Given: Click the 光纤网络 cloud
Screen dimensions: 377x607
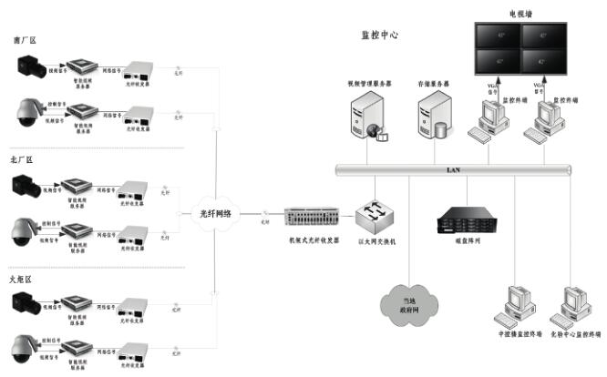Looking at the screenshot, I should (217, 214).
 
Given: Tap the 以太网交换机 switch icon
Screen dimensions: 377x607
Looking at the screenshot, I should (375, 216).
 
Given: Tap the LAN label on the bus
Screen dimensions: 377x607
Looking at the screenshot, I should (453, 169).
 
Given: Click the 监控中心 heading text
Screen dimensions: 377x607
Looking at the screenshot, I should (379, 35).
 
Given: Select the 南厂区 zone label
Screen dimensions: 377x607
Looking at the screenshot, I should (23, 42).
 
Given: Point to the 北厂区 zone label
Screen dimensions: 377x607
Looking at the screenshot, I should (23, 160).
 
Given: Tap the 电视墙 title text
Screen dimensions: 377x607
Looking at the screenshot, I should (521, 14).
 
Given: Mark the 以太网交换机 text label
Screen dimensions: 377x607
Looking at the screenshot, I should (374, 241).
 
